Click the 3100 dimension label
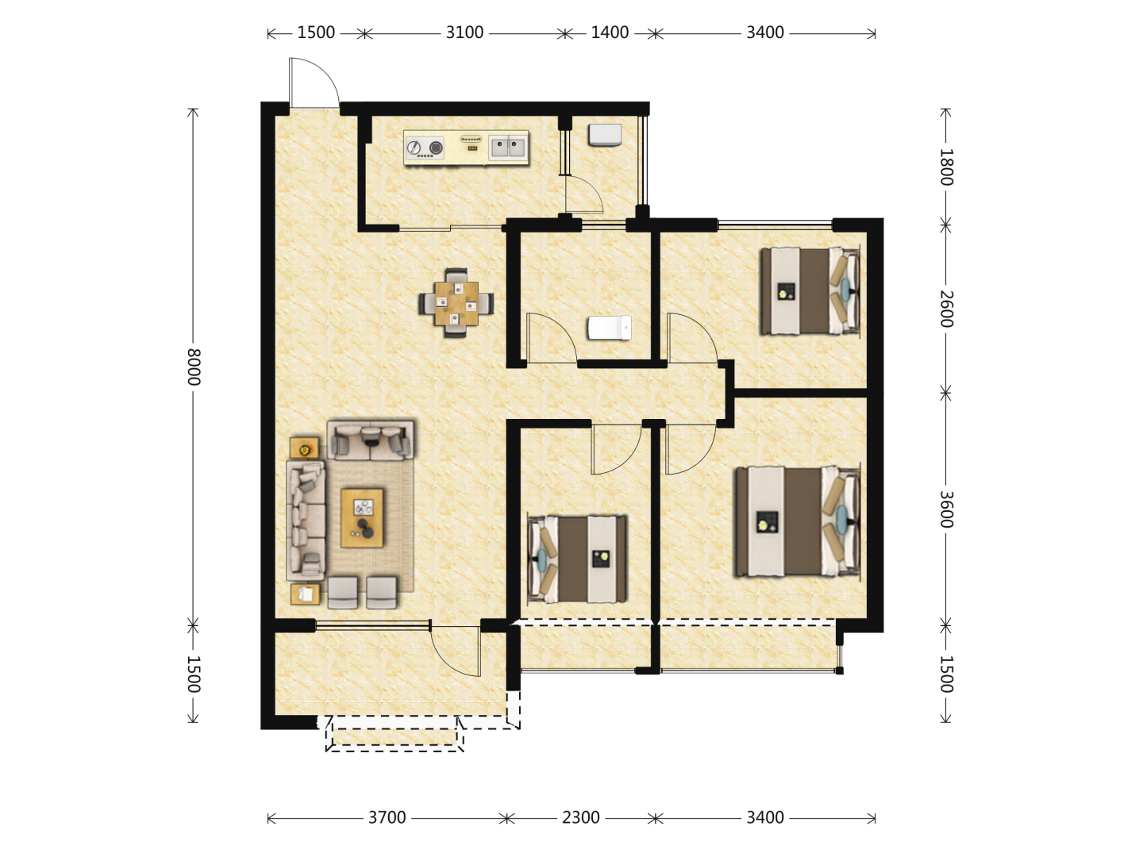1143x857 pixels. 464,33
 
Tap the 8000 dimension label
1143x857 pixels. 194,367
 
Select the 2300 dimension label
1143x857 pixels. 580,817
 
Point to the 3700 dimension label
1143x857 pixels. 387,817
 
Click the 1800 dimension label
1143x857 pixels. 946,167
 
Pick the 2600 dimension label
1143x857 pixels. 946,309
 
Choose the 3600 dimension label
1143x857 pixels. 946,509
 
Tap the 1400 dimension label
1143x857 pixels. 610,33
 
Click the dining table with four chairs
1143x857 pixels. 456,303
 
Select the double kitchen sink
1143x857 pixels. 508,147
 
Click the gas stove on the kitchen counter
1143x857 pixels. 425,148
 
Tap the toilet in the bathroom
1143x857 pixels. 610,328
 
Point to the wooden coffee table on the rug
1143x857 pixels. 362,517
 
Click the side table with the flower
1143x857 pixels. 304,448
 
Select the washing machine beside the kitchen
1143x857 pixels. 605,135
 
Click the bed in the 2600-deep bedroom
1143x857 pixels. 809,291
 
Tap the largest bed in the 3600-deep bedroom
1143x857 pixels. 797,522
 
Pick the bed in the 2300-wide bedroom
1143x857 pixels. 578,559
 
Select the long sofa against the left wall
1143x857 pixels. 306,521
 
